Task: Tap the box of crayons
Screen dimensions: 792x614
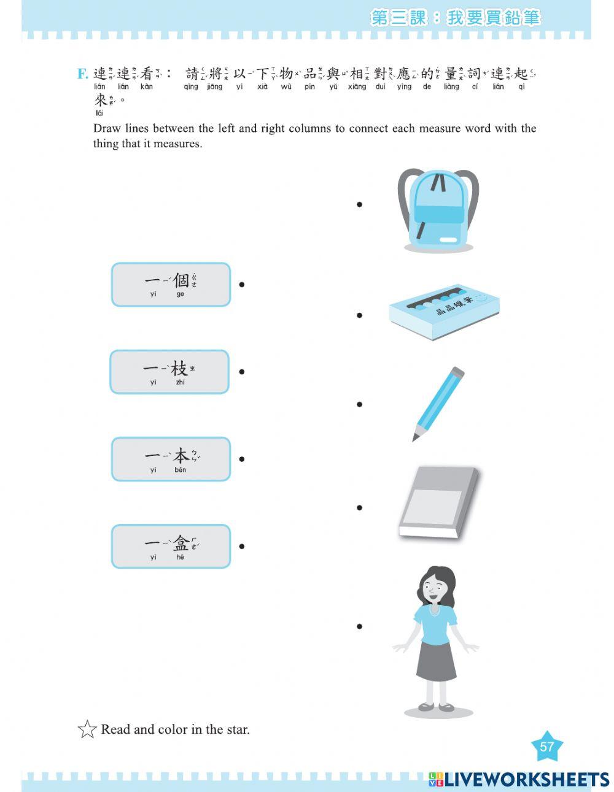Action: pyautogui.click(x=444, y=312)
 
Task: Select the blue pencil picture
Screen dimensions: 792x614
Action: pyautogui.click(x=438, y=404)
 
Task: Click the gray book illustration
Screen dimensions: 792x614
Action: pyautogui.click(x=438, y=502)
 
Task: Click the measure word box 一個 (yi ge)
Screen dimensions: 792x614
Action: pyautogui.click(x=171, y=285)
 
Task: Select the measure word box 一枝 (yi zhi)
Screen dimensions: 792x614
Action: pyautogui.click(x=169, y=372)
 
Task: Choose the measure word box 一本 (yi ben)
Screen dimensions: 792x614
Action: pyautogui.click(x=171, y=459)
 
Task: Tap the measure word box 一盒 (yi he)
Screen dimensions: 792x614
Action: pyautogui.click(x=171, y=546)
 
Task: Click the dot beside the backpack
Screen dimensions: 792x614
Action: pyautogui.click(x=359, y=204)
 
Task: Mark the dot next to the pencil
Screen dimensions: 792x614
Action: pyautogui.click(x=359, y=404)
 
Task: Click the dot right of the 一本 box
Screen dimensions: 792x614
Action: pyautogui.click(x=242, y=459)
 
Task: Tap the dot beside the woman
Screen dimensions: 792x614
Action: pyautogui.click(x=359, y=626)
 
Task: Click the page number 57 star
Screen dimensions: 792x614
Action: pyautogui.click(x=546, y=747)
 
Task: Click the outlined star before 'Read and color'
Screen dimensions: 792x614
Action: pyautogui.click(x=87, y=729)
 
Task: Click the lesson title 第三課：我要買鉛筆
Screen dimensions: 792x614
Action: pyautogui.click(x=455, y=18)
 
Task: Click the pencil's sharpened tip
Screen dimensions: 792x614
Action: pyautogui.click(x=415, y=437)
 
